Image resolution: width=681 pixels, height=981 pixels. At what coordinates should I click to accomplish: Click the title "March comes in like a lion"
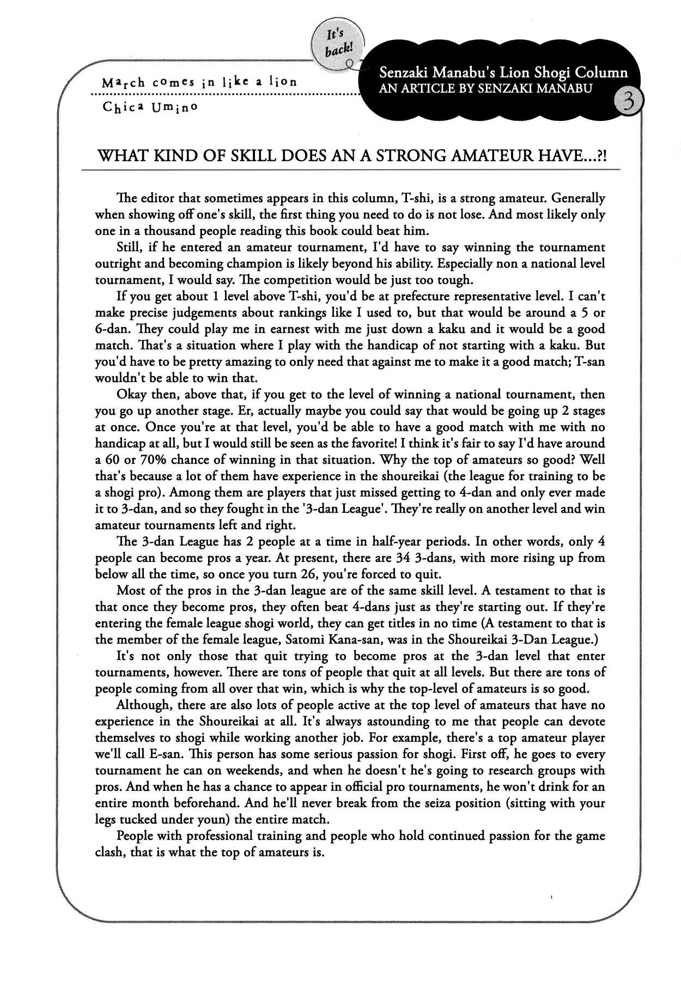tap(199, 82)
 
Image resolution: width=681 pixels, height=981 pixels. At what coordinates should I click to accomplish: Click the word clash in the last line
tap(109, 852)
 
